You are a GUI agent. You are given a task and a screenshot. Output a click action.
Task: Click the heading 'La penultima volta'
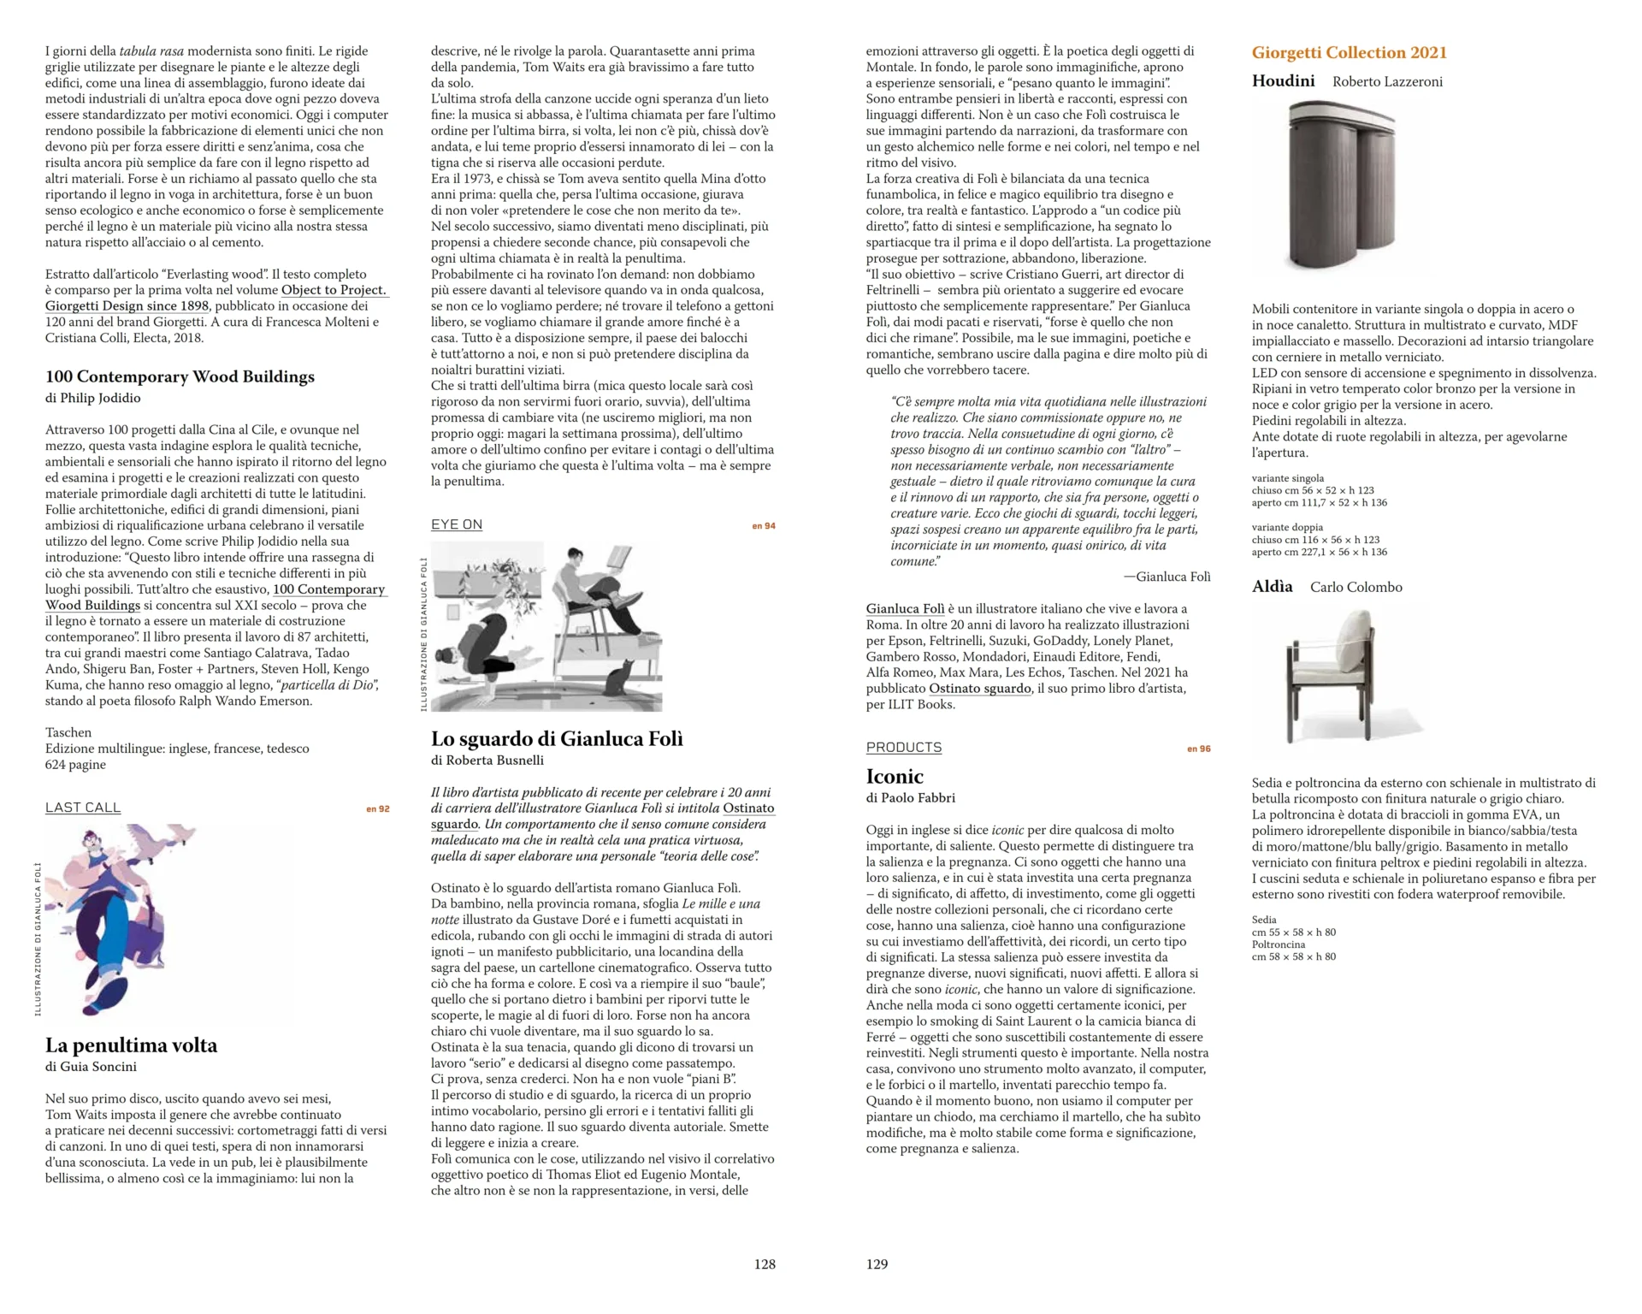pos(131,1045)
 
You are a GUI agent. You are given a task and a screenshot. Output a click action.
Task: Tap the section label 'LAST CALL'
pos(83,807)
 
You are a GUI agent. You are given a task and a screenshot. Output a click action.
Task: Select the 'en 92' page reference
pos(377,808)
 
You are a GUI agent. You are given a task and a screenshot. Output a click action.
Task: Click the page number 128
pos(764,1264)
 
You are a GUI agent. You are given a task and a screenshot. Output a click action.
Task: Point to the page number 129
pos(877,1264)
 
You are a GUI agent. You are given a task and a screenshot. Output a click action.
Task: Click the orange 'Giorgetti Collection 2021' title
pos(1349,52)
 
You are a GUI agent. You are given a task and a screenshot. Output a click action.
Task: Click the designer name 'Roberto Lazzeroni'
pos(1386,82)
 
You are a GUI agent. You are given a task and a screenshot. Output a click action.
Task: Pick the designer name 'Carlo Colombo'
pos(1356,587)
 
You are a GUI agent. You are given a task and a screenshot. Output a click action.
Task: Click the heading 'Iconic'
pos(894,776)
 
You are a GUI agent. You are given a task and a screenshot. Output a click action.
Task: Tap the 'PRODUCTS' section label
pos(903,747)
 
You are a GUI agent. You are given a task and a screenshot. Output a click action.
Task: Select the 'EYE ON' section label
pos(456,524)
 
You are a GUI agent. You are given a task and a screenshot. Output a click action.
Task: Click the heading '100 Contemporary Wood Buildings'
pos(180,376)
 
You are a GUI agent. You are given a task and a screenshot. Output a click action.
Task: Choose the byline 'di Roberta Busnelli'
pos(487,760)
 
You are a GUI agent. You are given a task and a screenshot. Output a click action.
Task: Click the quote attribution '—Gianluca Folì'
pos(1167,577)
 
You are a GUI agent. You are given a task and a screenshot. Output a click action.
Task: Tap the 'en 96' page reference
pos(1198,749)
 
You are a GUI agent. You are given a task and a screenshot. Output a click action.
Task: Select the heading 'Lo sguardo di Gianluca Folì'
pos(557,738)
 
